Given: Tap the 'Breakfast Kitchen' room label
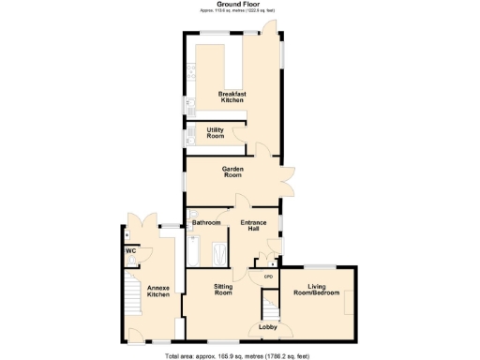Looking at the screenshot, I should [x=232, y=97].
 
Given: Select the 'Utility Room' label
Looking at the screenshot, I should [x=216, y=133].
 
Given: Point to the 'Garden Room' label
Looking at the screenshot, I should [x=232, y=172].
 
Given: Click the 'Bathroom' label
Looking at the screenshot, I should [x=206, y=223].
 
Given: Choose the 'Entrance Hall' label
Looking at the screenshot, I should [x=254, y=226].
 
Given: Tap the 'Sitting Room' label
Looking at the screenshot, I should [x=223, y=290].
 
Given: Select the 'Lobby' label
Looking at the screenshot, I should [x=266, y=328].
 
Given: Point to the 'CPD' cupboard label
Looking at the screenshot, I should [x=267, y=277].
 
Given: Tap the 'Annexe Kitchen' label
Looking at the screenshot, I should [x=158, y=292].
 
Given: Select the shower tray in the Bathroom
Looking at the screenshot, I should [x=220, y=253].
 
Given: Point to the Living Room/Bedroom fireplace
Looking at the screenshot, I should [x=349, y=303].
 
